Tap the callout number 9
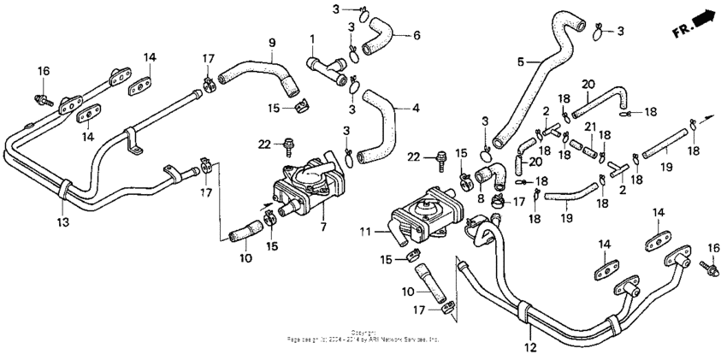(272, 42)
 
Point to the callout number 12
(530, 346)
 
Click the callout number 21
(588, 127)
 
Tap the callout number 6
(417, 35)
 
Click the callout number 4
(417, 109)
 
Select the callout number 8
(482, 198)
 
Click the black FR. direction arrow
(703, 21)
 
